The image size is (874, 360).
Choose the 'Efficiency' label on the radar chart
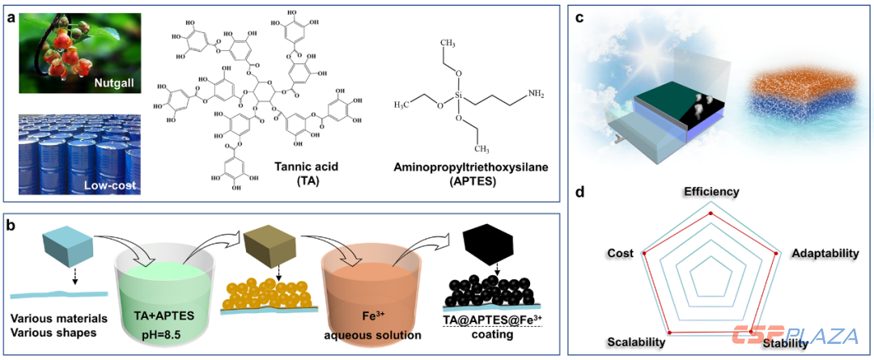coord(711,191)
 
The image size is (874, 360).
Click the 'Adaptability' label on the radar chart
coord(825,253)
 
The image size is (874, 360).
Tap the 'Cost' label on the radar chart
coord(621,254)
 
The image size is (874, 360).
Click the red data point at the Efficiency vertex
coord(711,213)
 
